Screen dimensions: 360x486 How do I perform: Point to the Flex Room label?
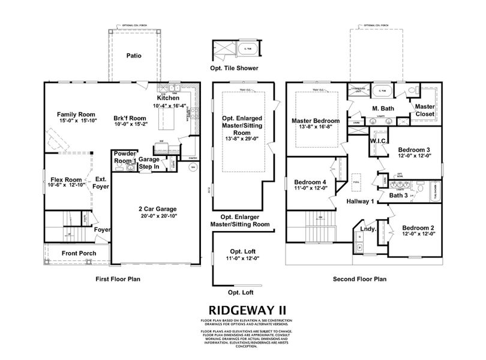[x=66, y=179]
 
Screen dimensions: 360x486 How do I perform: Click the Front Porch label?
[x=79, y=253]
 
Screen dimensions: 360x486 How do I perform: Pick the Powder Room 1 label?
[x=125, y=157]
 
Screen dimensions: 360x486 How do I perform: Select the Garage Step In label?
[x=150, y=164]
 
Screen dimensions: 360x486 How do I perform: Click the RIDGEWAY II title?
[x=242, y=310]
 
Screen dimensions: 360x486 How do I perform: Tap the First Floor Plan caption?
[x=119, y=280]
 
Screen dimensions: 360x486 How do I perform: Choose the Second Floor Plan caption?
[x=359, y=280]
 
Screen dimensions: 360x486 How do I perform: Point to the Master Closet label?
[x=425, y=110]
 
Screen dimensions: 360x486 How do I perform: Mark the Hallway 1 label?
[x=361, y=202]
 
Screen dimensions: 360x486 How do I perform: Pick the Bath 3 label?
[x=398, y=195]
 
